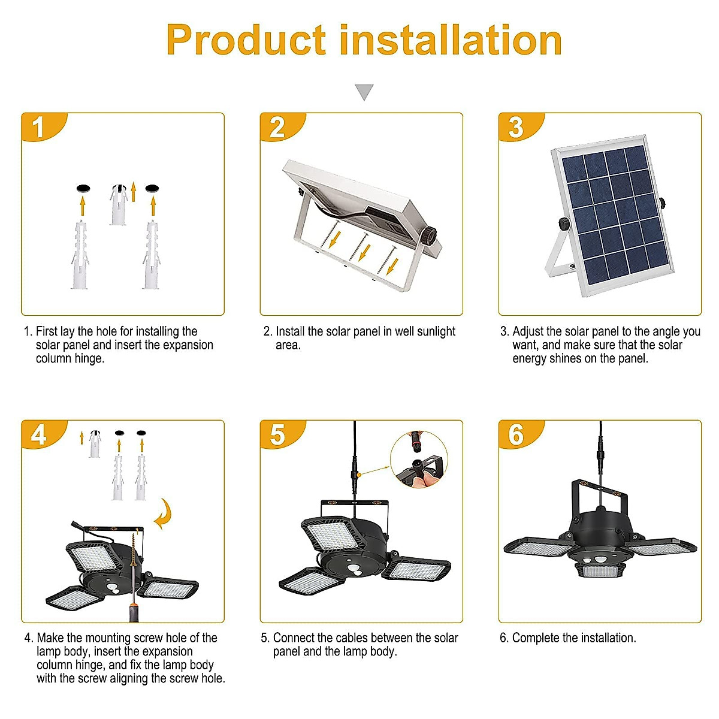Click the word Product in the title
[246, 41]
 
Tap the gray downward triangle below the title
[364, 92]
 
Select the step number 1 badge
[39, 127]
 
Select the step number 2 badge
[277, 127]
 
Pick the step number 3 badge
[516, 127]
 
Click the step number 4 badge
[39, 434]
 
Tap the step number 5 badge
[277, 434]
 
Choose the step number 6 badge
[516, 434]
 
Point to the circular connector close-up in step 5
[419, 460]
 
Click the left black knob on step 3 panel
[564, 223]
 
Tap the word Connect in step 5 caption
[294, 638]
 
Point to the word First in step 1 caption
[47, 331]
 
